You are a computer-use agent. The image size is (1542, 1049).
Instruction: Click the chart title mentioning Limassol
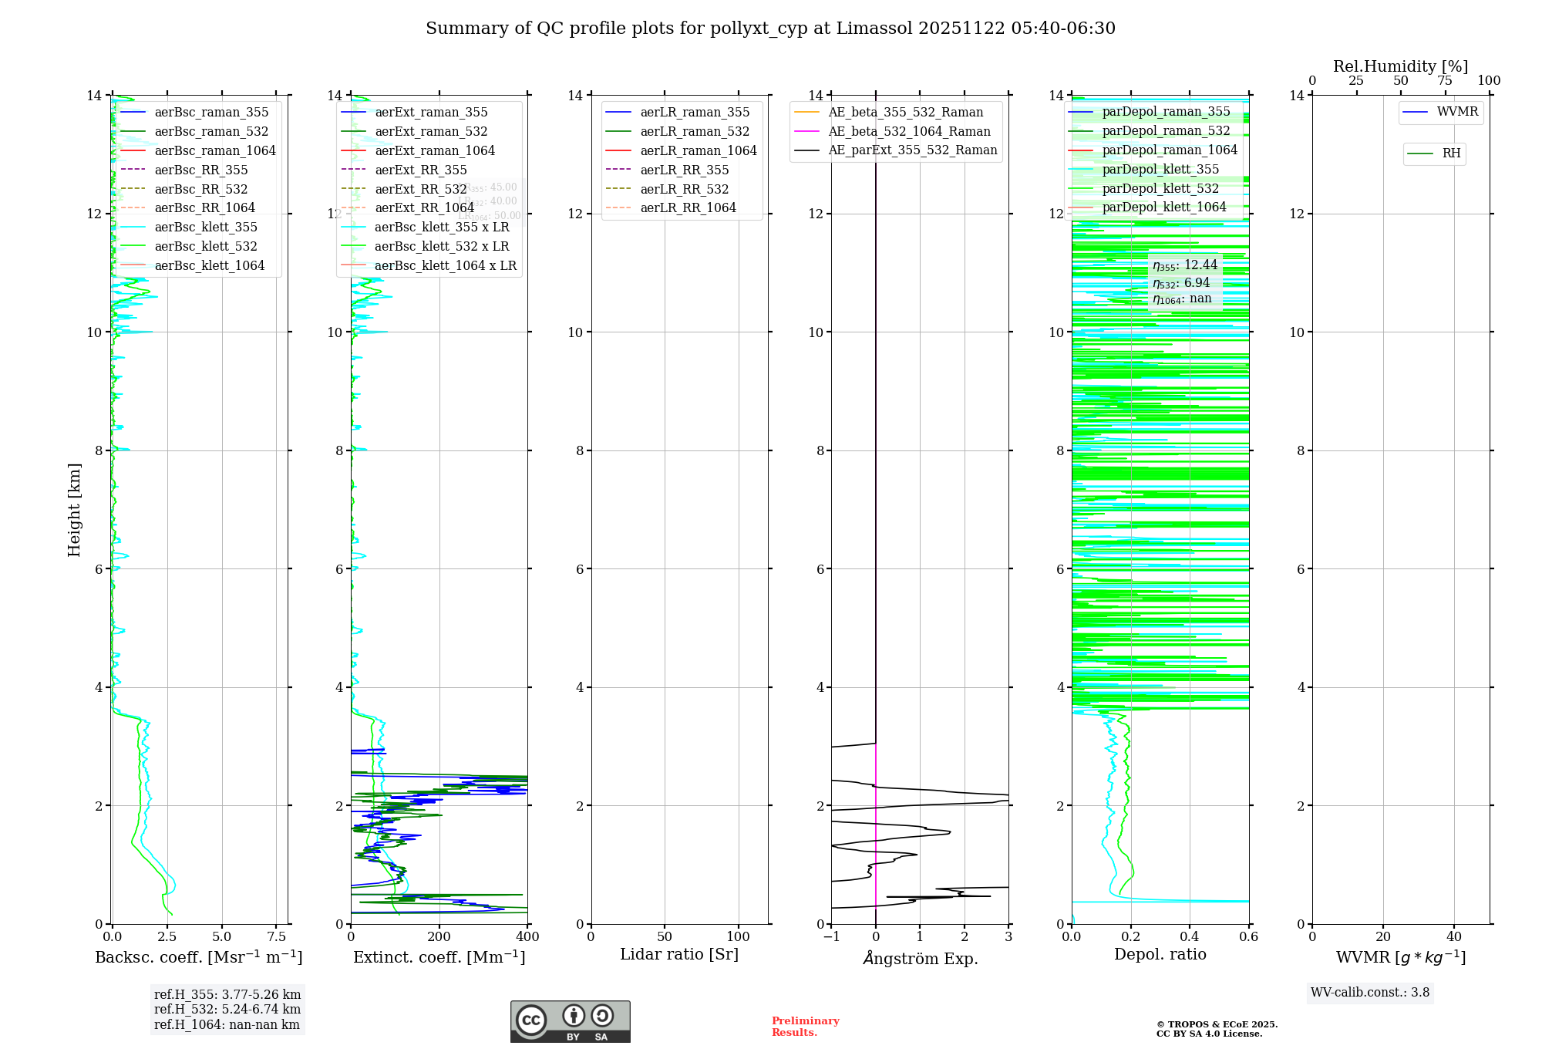[770, 29]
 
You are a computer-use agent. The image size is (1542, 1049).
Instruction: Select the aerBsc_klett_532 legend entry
[205, 246]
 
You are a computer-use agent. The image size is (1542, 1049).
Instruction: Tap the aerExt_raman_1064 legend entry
[435, 150]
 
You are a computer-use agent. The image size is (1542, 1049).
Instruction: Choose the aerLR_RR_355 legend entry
[684, 170]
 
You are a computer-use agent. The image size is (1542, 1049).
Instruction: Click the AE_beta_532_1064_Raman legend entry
[909, 131]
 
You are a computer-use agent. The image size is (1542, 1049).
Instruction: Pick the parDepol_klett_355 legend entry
[1160, 169]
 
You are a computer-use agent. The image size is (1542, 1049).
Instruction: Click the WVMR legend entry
[1456, 112]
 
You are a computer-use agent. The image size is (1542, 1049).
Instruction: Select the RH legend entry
[1451, 153]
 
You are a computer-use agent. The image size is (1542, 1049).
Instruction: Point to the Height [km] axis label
[74, 509]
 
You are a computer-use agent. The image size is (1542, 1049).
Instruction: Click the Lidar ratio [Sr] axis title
[679, 954]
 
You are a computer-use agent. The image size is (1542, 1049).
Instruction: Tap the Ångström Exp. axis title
[920, 958]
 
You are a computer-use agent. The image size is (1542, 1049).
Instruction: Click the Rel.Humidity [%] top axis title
[1400, 66]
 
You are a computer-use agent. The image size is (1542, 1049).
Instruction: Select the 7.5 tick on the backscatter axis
[277, 936]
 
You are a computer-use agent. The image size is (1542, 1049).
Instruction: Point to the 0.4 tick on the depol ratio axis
[1190, 936]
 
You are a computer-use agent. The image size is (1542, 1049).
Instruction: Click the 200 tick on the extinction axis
[439, 936]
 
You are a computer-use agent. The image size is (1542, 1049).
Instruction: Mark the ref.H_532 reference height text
[227, 1009]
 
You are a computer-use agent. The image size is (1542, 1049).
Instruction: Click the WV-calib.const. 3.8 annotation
[1370, 992]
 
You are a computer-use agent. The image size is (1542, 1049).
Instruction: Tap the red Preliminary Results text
[805, 1026]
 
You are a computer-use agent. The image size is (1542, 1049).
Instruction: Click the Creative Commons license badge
[570, 1021]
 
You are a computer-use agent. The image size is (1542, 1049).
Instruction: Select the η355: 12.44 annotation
[1185, 265]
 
